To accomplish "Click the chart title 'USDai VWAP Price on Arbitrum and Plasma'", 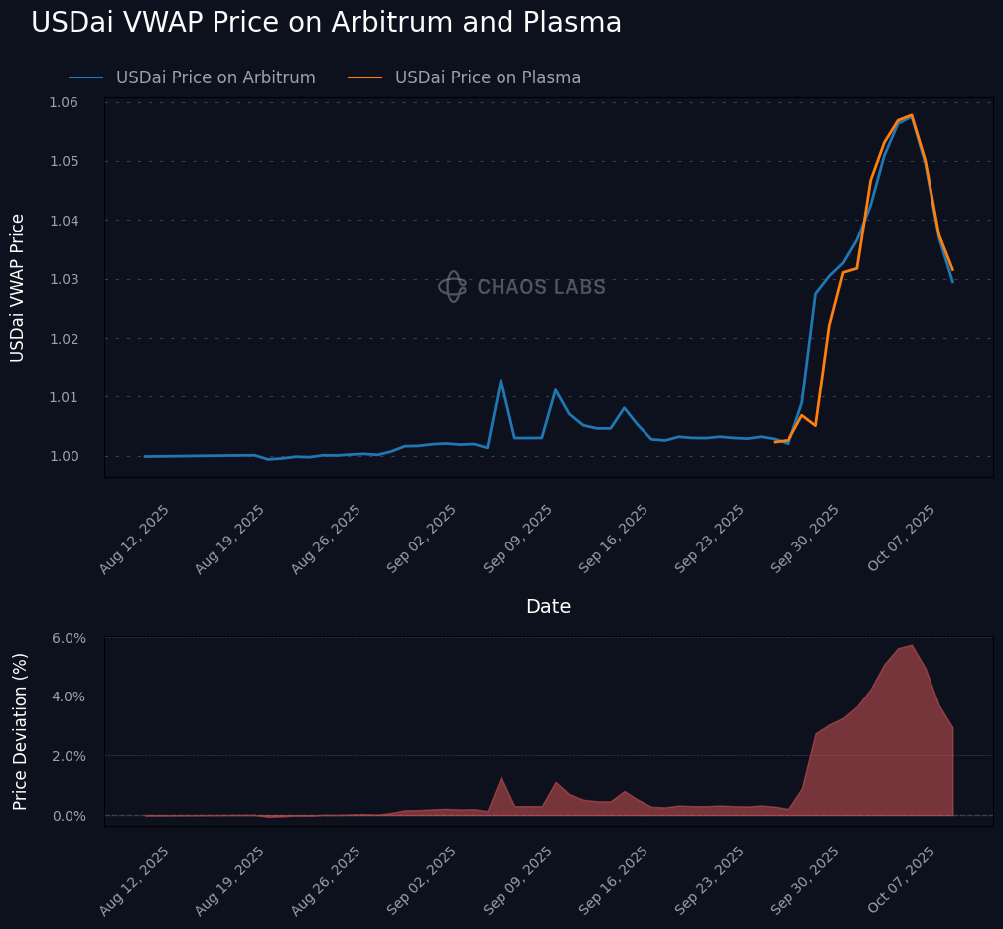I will pyautogui.click(x=326, y=23).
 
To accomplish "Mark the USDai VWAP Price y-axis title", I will pyautogui.click(x=18, y=287).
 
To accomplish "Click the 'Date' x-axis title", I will pyautogui.click(x=548, y=607).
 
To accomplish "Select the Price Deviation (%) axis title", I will pyautogui.click(x=20, y=730).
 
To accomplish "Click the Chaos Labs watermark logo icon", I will pyautogui.click(x=453, y=287).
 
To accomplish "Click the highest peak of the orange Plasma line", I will pyautogui.click(x=912, y=115).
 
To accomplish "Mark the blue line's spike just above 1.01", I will pyautogui.click(x=501, y=380).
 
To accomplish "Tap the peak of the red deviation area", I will pyautogui.click(x=912, y=645).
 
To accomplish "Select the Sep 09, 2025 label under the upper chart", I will pyautogui.click(x=519, y=538).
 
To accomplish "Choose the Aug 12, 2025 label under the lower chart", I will pyautogui.click(x=135, y=880).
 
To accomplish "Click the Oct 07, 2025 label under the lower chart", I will pyautogui.click(x=902, y=880).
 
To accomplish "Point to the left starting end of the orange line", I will pyautogui.click(x=775, y=442).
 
